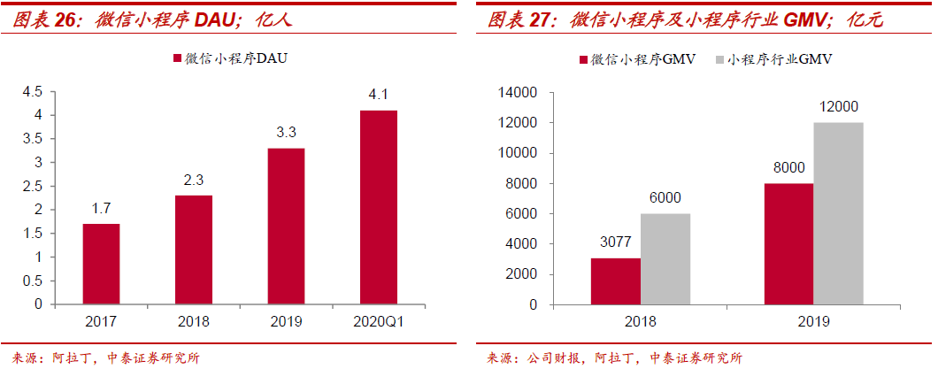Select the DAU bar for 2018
point(194,250)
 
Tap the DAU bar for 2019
point(286,226)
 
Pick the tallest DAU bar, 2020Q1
point(378,207)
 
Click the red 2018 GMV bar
point(616,281)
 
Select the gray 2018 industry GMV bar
point(665,258)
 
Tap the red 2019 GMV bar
point(788,243)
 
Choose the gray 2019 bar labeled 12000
point(838,213)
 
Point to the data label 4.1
point(379,95)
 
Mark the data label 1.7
point(100,209)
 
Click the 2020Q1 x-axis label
point(378,323)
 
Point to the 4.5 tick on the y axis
point(32,92)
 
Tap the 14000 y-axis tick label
point(519,92)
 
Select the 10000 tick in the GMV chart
point(519,153)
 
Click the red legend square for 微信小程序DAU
point(175,58)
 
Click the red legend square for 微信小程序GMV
point(584,59)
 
